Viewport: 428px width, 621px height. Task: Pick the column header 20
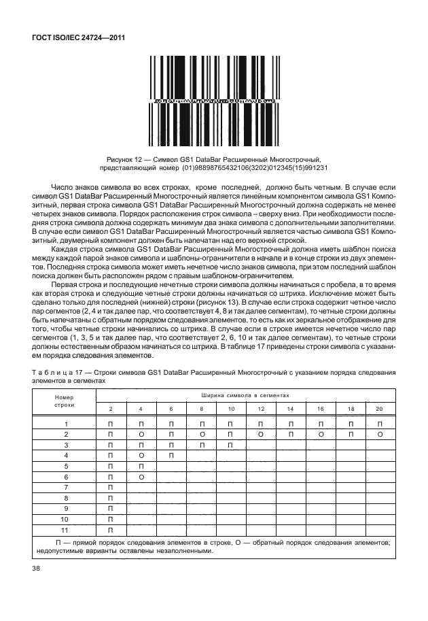click(x=379, y=408)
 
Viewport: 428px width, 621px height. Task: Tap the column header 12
click(x=261, y=408)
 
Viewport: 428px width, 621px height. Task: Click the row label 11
click(x=66, y=529)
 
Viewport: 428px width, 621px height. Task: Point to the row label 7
click(x=66, y=487)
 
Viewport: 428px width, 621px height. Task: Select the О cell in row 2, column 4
click(x=141, y=433)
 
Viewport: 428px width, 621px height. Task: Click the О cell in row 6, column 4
click(x=141, y=476)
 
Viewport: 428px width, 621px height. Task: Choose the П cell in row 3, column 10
click(x=231, y=444)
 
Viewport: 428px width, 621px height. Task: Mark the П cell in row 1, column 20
click(x=379, y=423)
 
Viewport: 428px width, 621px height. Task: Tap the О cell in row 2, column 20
click(x=379, y=433)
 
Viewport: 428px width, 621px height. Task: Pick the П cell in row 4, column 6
click(x=171, y=455)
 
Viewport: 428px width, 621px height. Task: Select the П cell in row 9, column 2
click(x=111, y=508)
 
